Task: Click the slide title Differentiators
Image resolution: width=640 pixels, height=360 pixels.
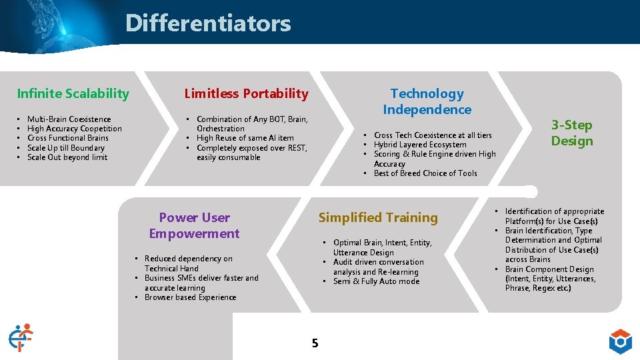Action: coord(208,23)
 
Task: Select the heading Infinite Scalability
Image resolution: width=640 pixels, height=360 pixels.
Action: coord(73,93)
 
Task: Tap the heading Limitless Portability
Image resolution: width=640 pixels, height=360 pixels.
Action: coord(246,93)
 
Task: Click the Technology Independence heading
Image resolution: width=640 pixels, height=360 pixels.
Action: coord(427,101)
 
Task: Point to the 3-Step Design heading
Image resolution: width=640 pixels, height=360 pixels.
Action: coord(571,133)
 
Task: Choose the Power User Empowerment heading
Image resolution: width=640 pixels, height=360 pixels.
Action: coord(194,225)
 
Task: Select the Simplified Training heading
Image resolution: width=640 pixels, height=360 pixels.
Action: coord(378,217)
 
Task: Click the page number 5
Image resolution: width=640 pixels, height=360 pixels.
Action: coord(315,343)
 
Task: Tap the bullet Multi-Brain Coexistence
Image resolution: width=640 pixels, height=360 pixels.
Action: coord(69,119)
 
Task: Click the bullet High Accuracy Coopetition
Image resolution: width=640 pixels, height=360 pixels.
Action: coord(74,129)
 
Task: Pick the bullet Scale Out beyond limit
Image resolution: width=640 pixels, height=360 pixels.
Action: coord(67,157)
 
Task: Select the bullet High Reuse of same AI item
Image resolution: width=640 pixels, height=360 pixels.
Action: coord(245,138)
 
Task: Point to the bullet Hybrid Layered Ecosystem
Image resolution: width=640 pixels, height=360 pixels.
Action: coord(420,145)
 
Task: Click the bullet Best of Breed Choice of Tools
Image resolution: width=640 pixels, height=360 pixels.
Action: coord(425,173)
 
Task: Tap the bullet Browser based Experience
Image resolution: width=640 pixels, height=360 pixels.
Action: coord(190,297)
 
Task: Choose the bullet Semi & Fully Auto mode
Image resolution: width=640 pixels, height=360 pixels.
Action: coord(376,281)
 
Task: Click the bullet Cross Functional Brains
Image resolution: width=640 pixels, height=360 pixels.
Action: coord(67,138)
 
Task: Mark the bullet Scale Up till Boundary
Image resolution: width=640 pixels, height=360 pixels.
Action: coord(65,148)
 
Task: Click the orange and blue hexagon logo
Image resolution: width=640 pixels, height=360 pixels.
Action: coord(620,341)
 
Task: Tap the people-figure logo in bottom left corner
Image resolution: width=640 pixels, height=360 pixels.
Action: coord(20,337)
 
